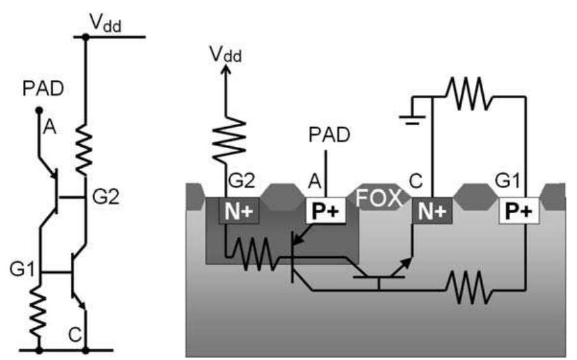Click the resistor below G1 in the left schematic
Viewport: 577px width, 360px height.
point(39,313)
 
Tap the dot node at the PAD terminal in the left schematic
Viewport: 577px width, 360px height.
point(39,110)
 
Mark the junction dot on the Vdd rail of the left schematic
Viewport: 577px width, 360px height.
point(85,37)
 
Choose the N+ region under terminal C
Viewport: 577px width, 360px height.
point(432,211)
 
